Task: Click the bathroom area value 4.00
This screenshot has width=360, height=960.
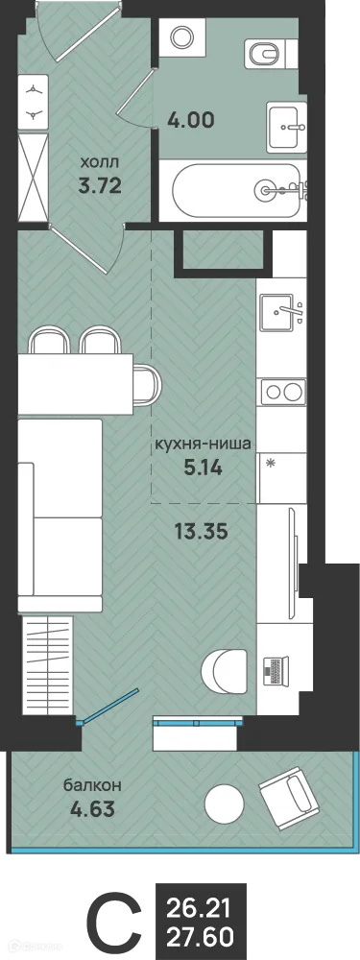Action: (191, 121)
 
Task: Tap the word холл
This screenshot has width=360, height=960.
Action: (100, 164)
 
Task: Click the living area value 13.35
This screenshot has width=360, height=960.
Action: (203, 531)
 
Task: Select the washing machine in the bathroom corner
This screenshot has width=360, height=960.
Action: (182, 37)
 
